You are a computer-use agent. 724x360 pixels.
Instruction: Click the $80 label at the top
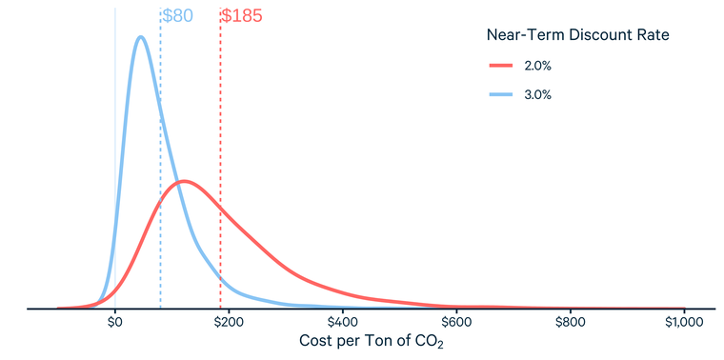[177, 16]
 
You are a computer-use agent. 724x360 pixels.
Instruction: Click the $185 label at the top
[241, 16]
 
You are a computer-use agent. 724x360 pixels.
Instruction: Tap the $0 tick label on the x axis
[115, 323]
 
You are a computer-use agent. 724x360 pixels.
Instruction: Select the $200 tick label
[229, 323]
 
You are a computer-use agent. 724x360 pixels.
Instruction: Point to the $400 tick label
[343, 323]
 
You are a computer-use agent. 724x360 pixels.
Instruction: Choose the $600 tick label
[456, 323]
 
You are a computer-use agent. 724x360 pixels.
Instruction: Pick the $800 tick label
[570, 323]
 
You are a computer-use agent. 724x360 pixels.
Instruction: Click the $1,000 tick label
[683, 323]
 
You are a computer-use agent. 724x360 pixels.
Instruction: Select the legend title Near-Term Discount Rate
[576, 35]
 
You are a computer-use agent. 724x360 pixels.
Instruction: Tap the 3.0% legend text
[537, 94]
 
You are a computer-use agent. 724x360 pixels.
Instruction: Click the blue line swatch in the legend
[501, 94]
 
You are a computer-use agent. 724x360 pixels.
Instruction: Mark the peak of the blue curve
[140, 37]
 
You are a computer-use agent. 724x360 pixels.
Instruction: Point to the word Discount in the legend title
[600, 35]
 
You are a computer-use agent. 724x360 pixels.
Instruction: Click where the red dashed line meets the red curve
[220, 205]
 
